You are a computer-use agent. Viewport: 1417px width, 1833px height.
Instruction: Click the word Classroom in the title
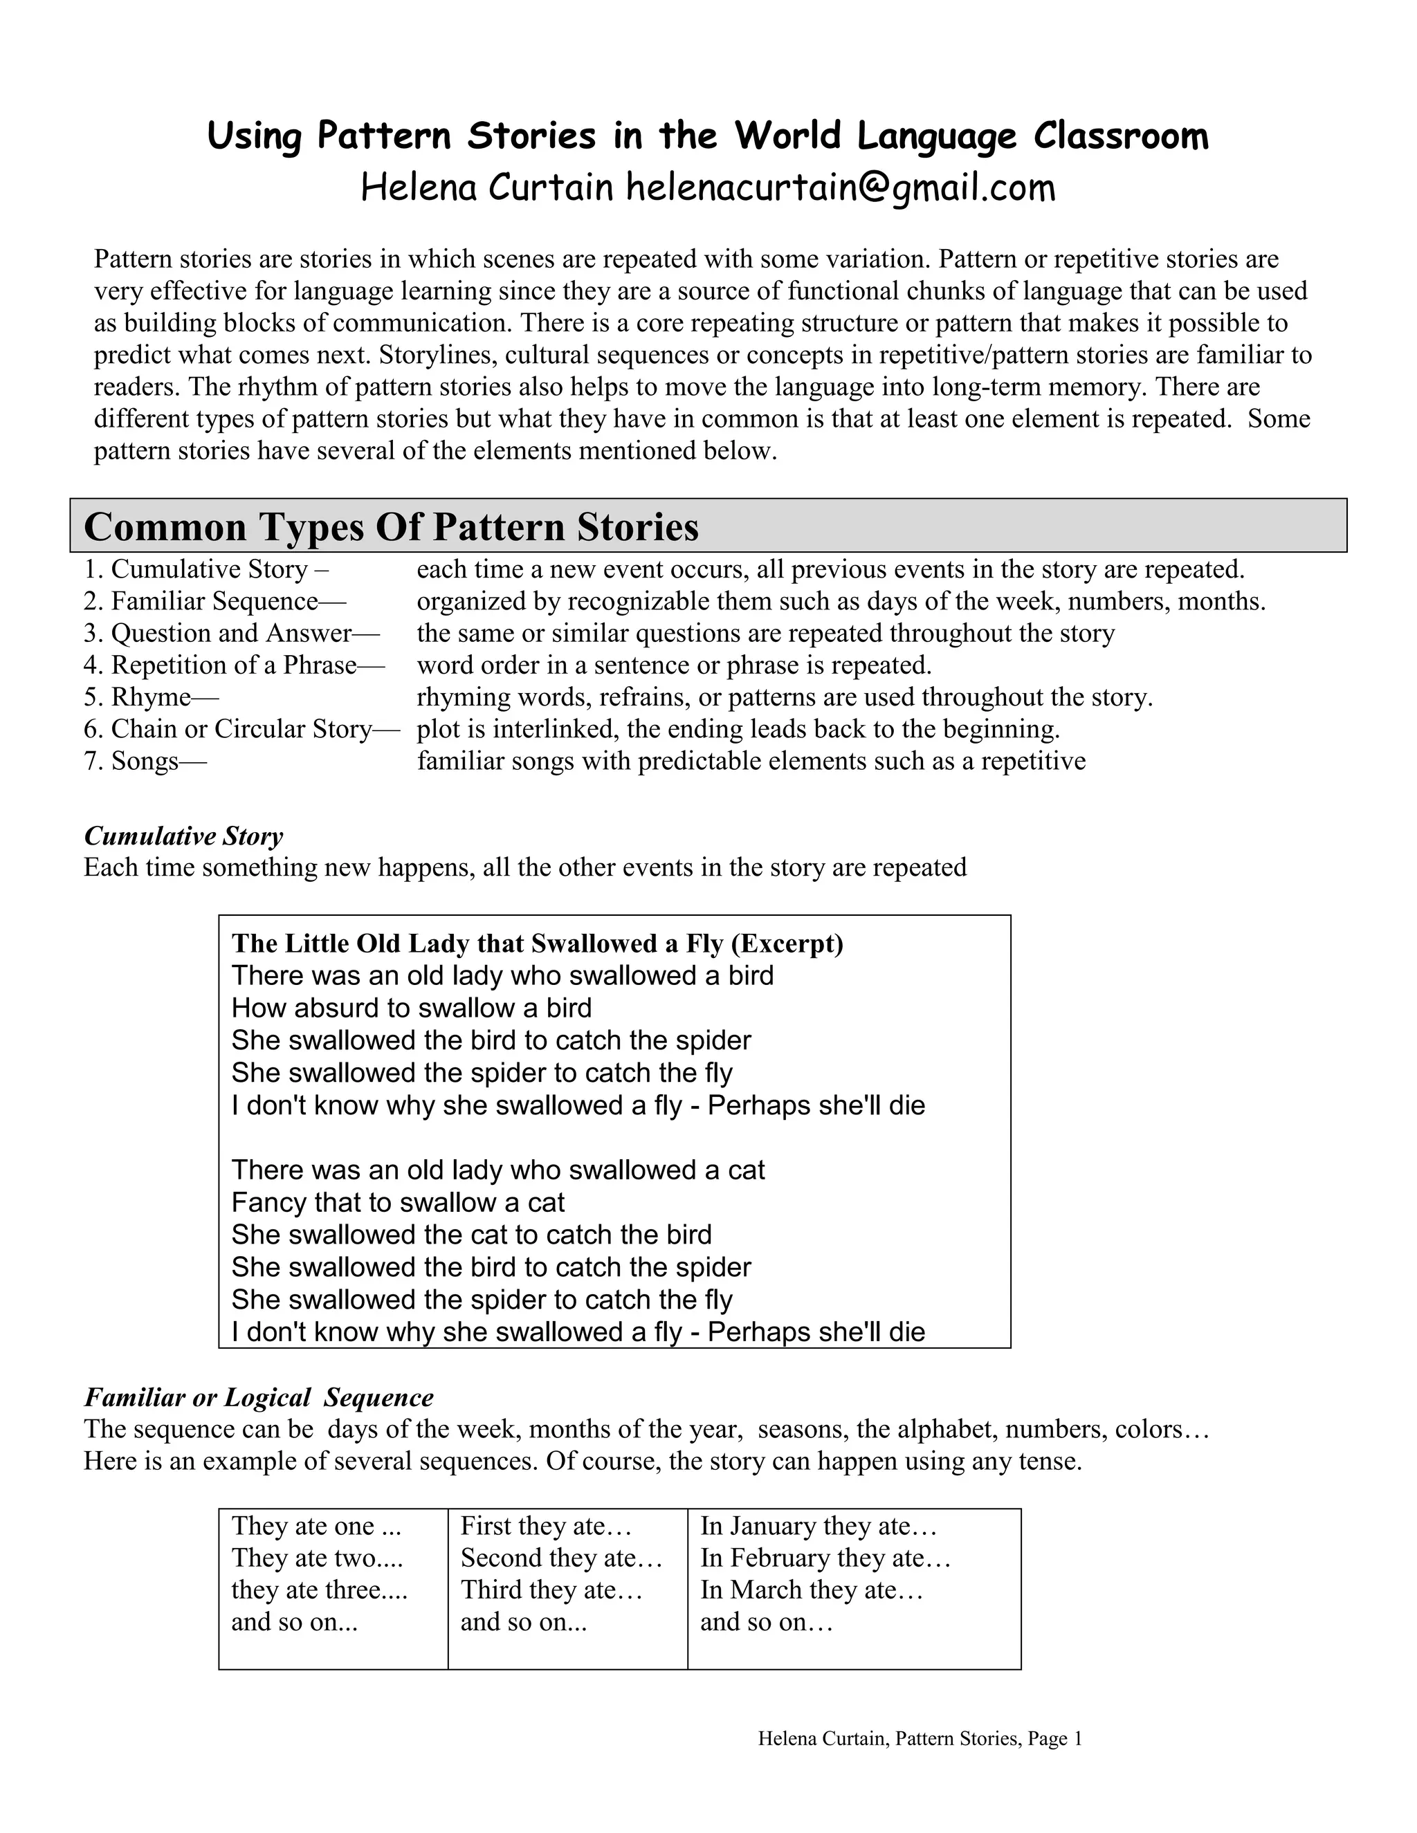[x=1120, y=136]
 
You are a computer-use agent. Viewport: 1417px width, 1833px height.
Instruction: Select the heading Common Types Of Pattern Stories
[x=391, y=527]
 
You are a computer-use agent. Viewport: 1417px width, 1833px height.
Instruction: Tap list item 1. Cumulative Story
[x=205, y=570]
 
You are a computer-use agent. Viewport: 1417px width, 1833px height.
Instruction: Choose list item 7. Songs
[x=145, y=762]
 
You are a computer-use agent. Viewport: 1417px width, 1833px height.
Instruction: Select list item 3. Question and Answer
[x=231, y=634]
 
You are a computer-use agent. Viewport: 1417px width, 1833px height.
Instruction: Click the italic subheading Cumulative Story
[x=183, y=836]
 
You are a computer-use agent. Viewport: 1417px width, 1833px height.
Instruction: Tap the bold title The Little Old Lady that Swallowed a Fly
[x=537, y=943]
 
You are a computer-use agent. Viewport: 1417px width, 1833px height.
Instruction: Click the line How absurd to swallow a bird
[x=412, y=1008]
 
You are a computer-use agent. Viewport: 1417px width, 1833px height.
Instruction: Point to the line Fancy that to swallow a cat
[x=398, y=1203]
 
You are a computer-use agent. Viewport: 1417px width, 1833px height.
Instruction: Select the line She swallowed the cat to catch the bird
[x=471, y=1235]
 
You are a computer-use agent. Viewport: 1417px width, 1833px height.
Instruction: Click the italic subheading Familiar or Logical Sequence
[x=259, y=1397]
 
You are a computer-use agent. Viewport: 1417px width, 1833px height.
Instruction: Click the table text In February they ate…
[x=825, y=1558]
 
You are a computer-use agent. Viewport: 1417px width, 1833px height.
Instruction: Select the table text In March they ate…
[x=811, y=1590]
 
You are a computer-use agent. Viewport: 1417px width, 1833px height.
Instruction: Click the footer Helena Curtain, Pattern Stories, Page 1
[x=920, y=1738]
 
